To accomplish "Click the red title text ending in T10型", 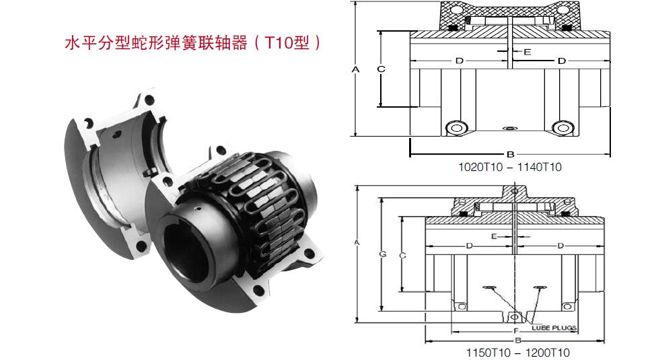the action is [x=192, y=43].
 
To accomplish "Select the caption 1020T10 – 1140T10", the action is [x=510, y=168].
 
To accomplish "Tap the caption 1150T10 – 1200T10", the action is [x=517, y=353].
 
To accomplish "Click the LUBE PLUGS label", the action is [x=554, y=328].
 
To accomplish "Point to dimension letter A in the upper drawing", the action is [x=355, y=70].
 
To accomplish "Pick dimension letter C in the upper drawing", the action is [x=381, y=69].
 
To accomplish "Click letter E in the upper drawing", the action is [x=528, y=52].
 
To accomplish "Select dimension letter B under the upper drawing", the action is [x=511, y=154].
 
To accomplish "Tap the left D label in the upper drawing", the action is [x=460, y=61].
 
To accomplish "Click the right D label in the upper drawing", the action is [x=561, y=61].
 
